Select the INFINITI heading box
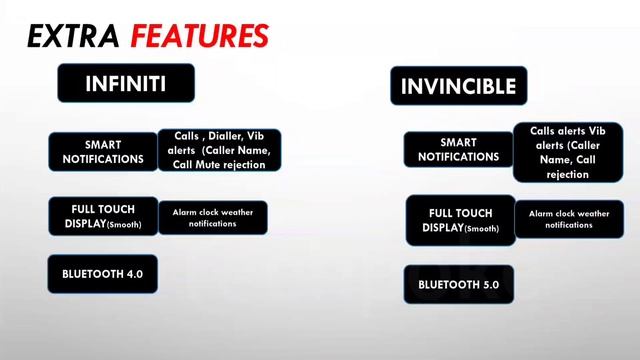click(x=125, y=83)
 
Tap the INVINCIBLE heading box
click(x=459, y=86)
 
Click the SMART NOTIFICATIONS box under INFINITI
click(x=103, y=151)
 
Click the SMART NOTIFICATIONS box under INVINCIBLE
click(x=459, y=149)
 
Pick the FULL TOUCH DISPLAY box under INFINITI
click(x=103, y=216)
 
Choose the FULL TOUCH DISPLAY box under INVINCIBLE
click(x=459, y=220)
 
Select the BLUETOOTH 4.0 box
click(x=103, y=273)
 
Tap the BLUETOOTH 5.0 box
click(x=459, y=284)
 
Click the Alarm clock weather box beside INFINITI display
click(x=211, y=218)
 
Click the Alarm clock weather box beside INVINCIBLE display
click(x=568, y=219)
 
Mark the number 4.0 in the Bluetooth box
click(x=133, y=273)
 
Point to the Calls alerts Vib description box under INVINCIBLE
click(x=566, y=152)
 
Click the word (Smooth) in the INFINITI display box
click(x=124, y=224)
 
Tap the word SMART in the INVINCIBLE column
click(x=459, y=142)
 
